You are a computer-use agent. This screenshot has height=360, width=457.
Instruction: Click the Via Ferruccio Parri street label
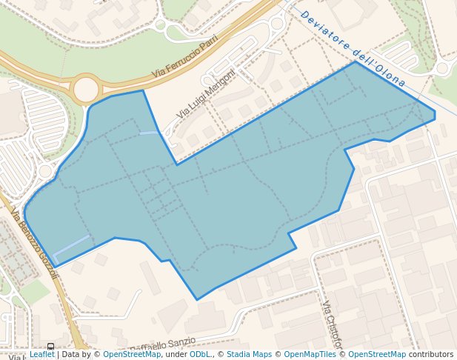click(x=185, y=56)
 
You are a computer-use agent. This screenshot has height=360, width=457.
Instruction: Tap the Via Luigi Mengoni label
click(x=206, y=94)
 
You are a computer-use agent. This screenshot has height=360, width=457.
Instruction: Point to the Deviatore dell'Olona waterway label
click(x=353, y=48)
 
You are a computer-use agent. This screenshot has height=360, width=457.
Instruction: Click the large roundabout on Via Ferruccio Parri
click(x=86, y=90)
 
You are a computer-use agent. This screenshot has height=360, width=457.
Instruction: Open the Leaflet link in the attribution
click(x=41, y=355)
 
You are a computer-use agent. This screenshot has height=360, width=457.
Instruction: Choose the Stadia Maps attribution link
click(x=249, y=355)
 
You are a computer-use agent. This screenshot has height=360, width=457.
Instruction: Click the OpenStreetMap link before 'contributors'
click(x=377, y=355)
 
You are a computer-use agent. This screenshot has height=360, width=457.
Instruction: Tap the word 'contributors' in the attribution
click(x=431, y=355)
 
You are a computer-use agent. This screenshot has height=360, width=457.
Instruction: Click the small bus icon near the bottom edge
click(x=50, y=347)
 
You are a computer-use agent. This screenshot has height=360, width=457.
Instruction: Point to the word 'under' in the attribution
click(x=176, y=355)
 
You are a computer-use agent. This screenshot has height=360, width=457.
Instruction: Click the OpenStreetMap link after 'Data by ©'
click(x=132, y=355)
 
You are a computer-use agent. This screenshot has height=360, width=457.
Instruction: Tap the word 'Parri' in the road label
click(x=207, y=44)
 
